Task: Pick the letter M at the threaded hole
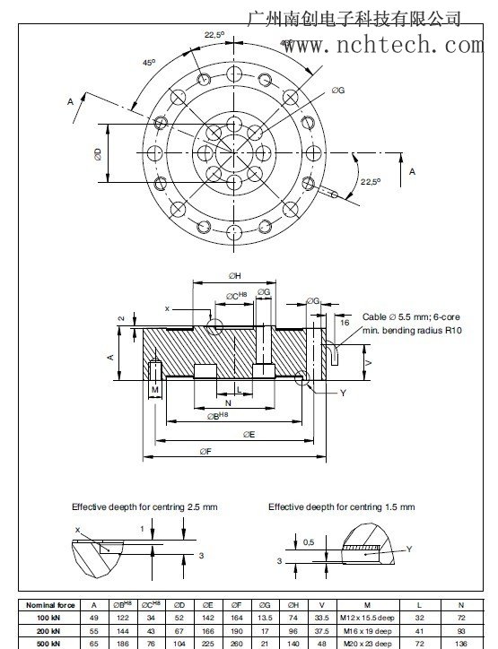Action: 154,390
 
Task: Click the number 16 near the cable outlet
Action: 344,321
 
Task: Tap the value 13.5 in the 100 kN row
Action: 264,618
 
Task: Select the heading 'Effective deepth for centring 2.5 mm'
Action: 144,507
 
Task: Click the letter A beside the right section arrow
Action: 412,170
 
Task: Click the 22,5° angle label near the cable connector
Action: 371,181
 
